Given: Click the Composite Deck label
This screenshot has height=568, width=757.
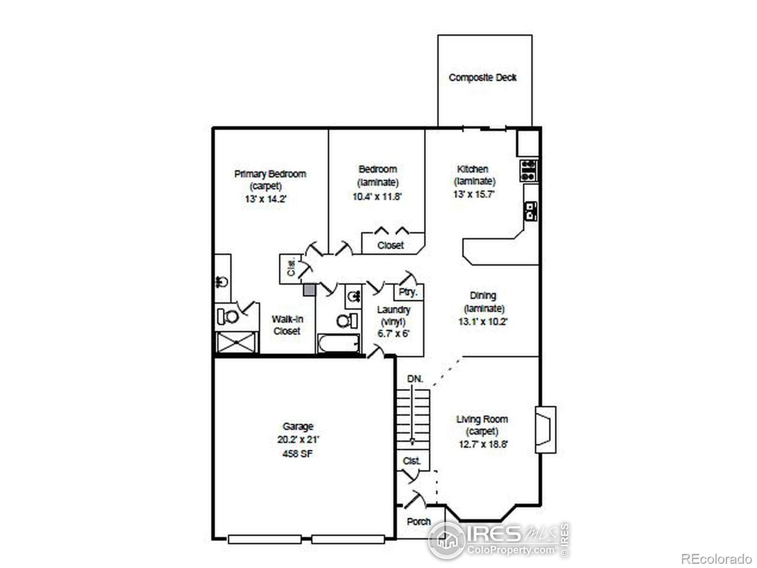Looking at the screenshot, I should (x=483, y=78).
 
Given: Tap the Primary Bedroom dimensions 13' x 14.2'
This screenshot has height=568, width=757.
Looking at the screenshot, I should (x=265, y=199).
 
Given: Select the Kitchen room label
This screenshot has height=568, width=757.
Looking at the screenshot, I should (x=473, y=169).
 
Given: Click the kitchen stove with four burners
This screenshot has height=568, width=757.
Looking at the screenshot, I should (x=528, y=170).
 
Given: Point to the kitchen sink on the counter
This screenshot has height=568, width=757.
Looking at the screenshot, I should (x=531, y=211).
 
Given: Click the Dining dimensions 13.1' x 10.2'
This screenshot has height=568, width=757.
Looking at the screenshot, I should (x=483, y=321).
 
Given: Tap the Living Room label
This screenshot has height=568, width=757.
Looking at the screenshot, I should (x=482, y=419).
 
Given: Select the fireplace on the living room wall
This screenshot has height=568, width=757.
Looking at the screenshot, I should (x=545, y=429).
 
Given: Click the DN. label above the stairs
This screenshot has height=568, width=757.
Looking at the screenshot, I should (x=415, y=379).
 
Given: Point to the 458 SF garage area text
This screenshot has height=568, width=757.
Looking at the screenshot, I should (x=298, y=453).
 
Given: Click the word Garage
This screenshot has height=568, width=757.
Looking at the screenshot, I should (x=298, y=426).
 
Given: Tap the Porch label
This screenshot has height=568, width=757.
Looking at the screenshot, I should (x=419, y=522).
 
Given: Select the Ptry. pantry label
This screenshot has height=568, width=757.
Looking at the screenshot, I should (x=408, y=292).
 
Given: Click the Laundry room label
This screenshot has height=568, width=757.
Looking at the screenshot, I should (x=394, y=310).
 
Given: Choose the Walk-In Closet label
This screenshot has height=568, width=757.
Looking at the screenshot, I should (x=287, y=325).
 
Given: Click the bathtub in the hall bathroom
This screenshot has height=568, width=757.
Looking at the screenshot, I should (x=338, y=343).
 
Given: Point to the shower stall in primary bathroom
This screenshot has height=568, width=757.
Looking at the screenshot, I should (x=237, y=342).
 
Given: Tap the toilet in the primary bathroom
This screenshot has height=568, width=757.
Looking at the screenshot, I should (x=228, y=316).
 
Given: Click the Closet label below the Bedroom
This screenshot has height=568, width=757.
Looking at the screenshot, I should (x=391, y=245).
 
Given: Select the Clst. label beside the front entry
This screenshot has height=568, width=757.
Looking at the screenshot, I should (x=412, y=461).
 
